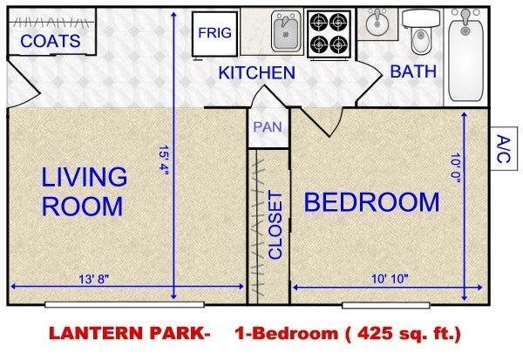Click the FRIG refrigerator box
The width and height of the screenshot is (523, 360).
pos(214,33)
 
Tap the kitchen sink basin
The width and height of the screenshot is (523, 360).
pos(286,31)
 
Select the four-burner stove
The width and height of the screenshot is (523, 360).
pos(329,34)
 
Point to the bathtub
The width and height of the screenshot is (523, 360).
pos(465,56)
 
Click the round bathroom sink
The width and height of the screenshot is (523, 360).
pos(377,23)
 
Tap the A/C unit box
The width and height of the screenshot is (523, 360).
pos(504,148)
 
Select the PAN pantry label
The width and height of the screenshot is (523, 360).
pos(268,126)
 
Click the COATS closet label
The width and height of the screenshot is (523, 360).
pos(51,41)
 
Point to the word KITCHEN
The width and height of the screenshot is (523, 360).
pos(257,72)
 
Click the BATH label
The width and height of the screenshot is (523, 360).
pos(413,71)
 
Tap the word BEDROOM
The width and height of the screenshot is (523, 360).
pos(372,202)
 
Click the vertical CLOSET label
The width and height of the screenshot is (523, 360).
pos(275,225)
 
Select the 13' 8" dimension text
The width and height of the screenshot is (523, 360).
pos(94,279)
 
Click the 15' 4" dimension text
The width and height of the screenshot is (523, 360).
pos(164,160)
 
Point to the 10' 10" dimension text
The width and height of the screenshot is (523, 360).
pos(390,279)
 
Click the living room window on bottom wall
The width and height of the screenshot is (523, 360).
pos(125,304)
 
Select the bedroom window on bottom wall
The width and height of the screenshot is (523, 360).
pos(386,305)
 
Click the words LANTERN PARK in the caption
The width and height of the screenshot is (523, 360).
pos(129,333)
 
